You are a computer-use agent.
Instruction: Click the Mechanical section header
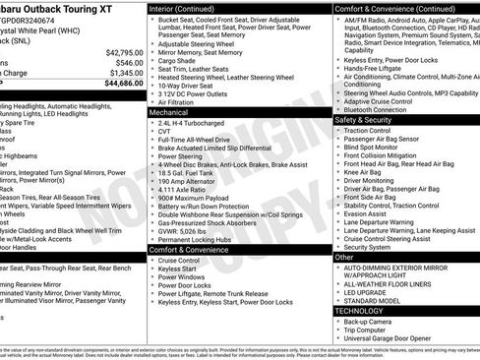point(169,113)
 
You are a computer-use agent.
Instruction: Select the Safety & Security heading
point(370,120)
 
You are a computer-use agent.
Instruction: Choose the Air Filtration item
point(181,102)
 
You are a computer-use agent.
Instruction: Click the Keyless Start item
point(176,268)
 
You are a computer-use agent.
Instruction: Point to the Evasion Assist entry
point(367,212)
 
